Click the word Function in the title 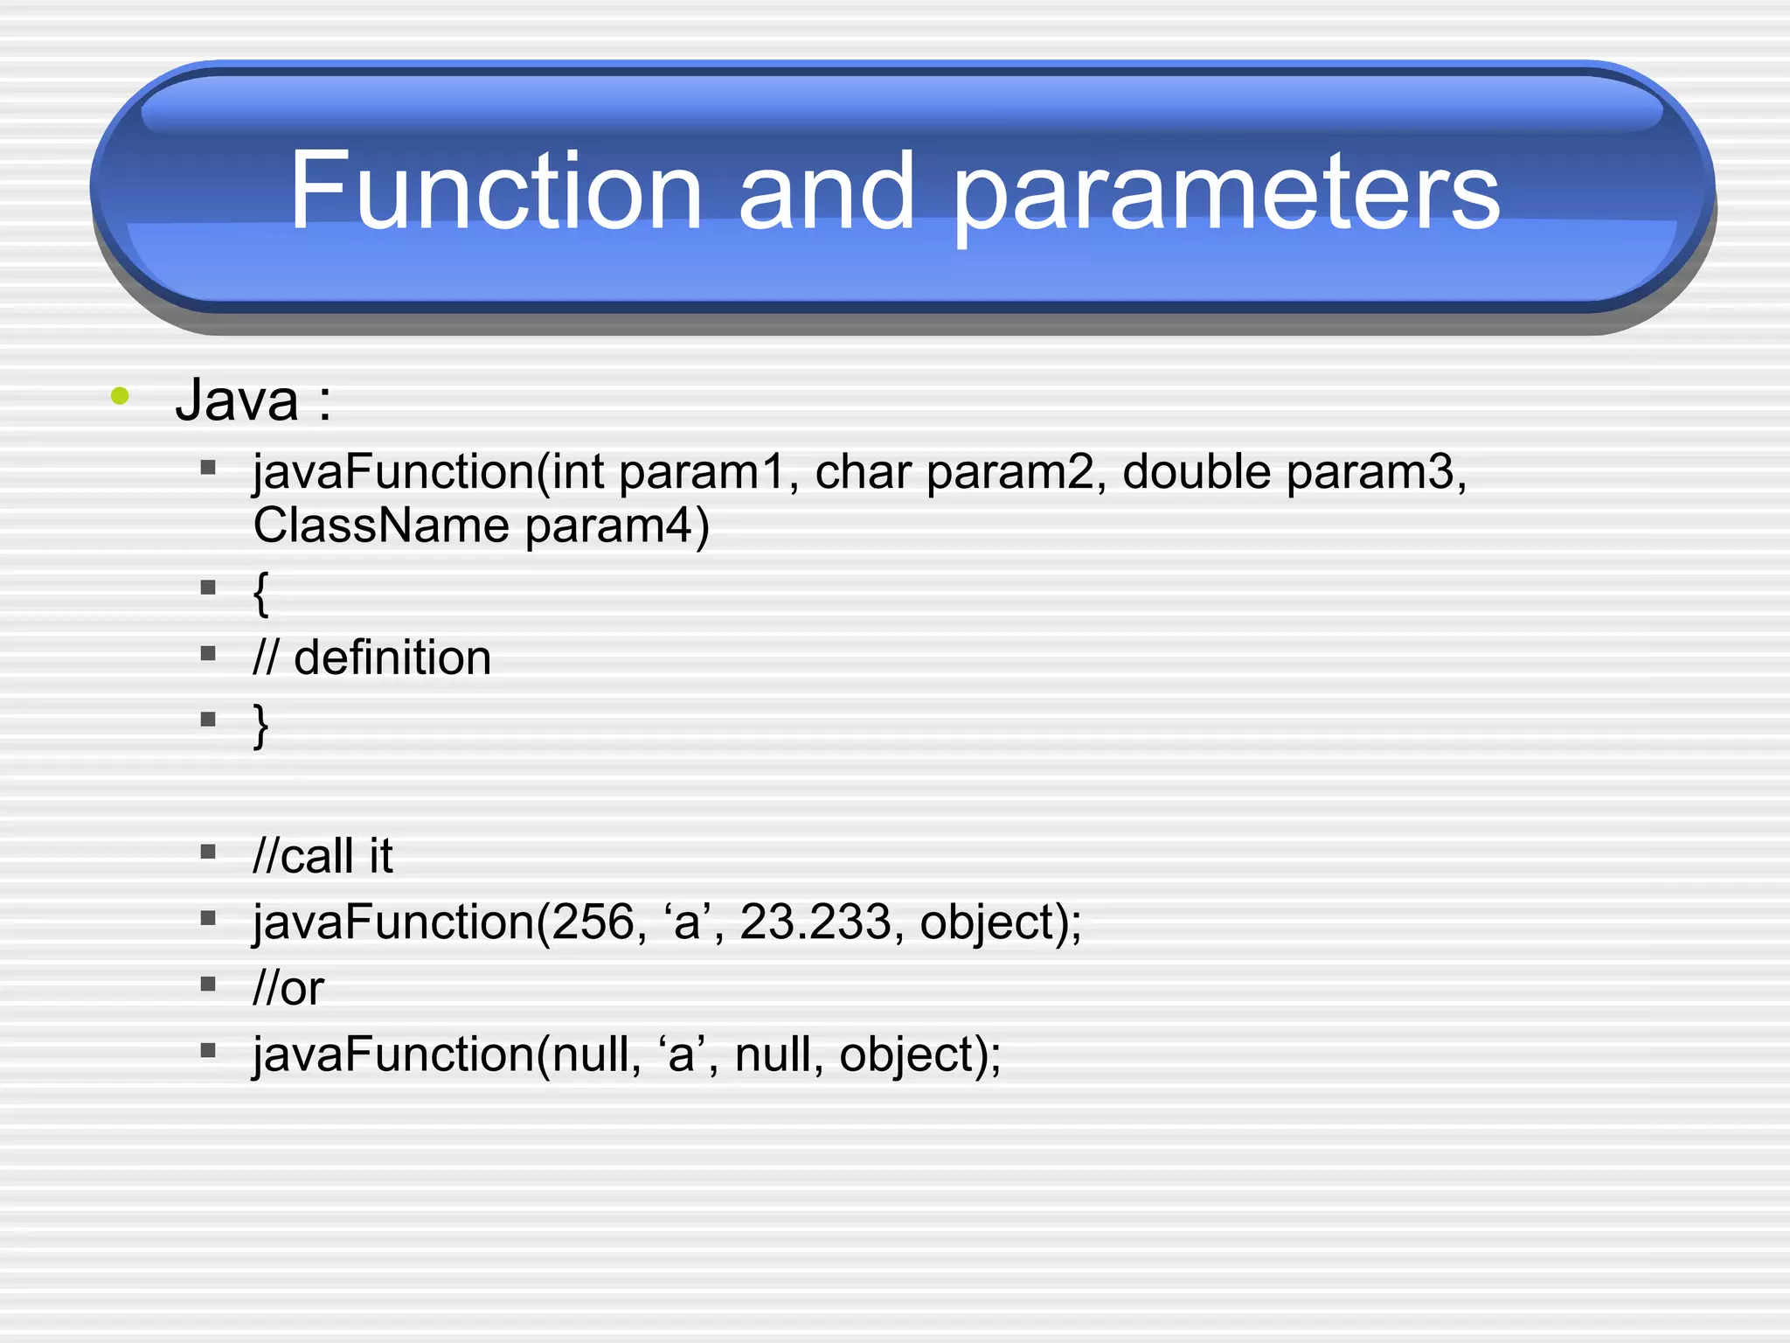coord(496,191)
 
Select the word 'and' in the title coord(826,191)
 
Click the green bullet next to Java coord(121,396)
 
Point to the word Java coord(237,400)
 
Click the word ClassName coord(381,526)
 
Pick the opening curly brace coord(260,593)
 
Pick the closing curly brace coord(260,725)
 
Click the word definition coord(392,658)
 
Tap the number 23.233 coord(815,922)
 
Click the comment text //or coord(288,989)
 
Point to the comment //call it coord(323,856)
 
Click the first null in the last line coord(589,1054)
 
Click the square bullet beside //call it coord(208,852)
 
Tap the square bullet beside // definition coord(208,654)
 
